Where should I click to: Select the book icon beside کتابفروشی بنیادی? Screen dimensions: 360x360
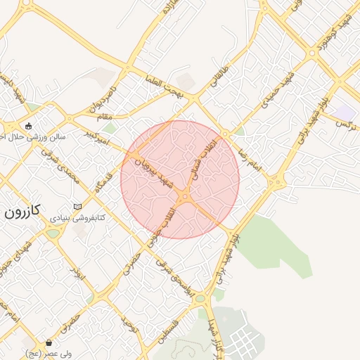pos(77,206)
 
